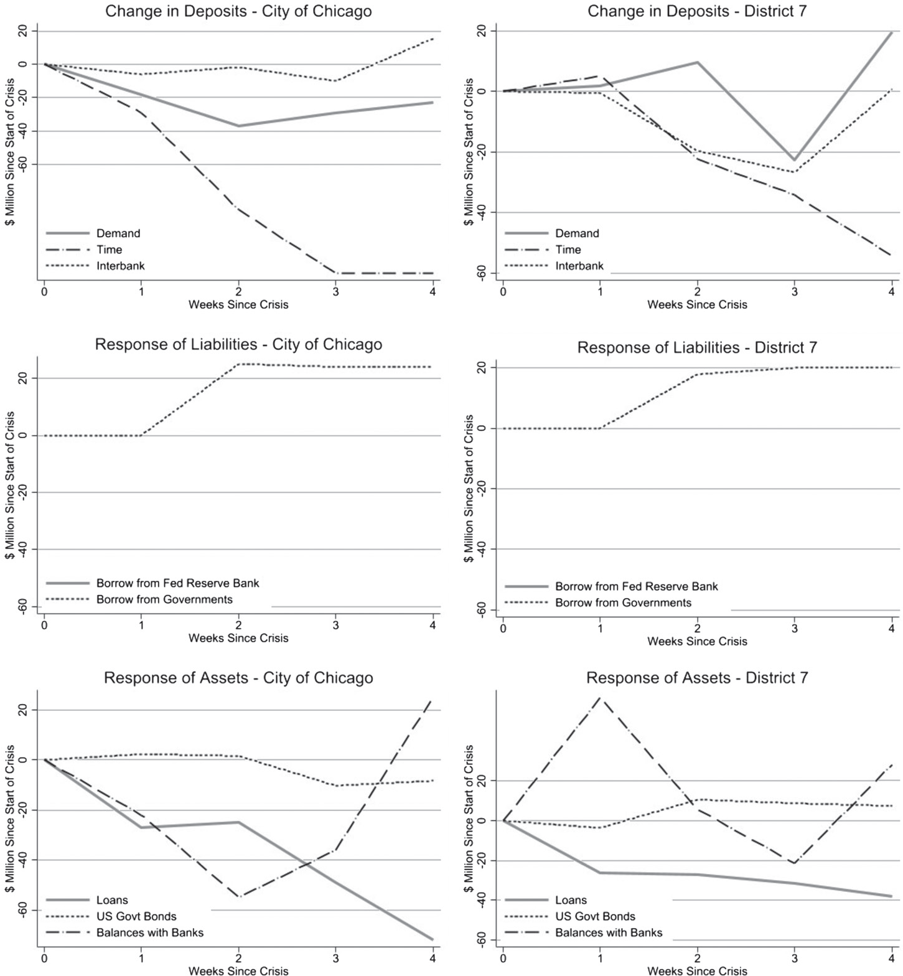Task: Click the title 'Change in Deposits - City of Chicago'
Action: click(x=238, y=11)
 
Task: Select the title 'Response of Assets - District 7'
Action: click(x=697, y=678)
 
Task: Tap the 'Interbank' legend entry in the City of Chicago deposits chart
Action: click(x=120, y=266)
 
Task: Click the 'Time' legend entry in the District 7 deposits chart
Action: click(x=568, y=250)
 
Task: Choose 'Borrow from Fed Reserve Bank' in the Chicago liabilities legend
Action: click(x=177, y=583)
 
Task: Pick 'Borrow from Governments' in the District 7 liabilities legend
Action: click(x=623, y=603)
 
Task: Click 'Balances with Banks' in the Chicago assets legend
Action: click(x=149, y=932)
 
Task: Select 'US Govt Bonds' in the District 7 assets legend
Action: click(x=595, y=916)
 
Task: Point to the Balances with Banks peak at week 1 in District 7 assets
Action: click(x=600, y=698)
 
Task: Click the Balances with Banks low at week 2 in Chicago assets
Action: click(x=238, y=897)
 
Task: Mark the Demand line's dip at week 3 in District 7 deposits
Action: click(x=794, y=160)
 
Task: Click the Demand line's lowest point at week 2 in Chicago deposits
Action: click(x=238, y=126)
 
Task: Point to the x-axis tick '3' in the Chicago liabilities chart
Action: click(x=335, y=624)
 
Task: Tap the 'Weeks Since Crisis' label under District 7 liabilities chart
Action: click(x=697, y=641)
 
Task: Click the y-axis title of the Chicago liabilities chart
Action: click(x=10, y=485)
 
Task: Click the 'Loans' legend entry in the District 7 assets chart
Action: click(x=571, y=900)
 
